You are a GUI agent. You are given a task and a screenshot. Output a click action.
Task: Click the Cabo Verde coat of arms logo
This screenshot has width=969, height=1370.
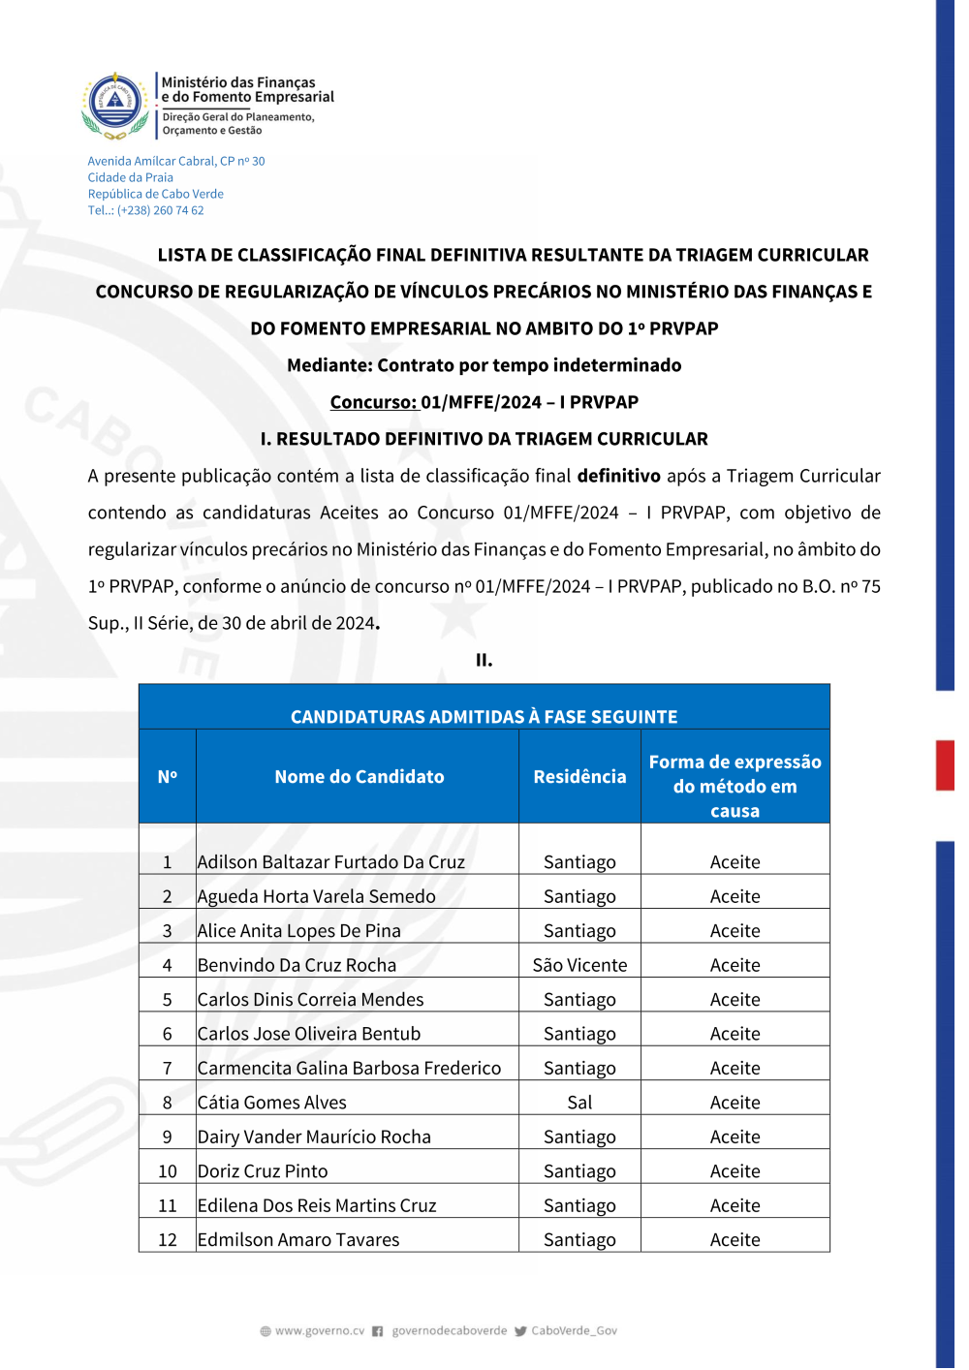click(x=115, y=104)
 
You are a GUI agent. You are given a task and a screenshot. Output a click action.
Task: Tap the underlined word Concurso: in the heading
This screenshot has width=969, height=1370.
click(x=373, y=402)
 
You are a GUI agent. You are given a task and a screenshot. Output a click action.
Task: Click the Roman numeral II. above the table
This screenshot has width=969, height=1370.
click(x=484, y=660)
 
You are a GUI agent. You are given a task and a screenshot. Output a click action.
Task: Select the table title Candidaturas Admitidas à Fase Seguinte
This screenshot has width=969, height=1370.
click(x=484, y=717)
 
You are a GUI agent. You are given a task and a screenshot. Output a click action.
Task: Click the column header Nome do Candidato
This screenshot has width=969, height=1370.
click(x=359, y=776)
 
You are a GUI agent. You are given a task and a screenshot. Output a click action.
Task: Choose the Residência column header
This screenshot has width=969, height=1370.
click(x=579, y=776)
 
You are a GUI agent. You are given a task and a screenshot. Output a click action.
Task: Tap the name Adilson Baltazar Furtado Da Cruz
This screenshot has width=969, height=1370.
click(x=330, y=862)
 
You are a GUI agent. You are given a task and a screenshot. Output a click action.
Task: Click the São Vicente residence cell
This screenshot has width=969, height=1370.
click(x=579, y=965)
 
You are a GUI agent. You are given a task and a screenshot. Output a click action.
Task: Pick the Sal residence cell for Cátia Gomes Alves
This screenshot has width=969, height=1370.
click(x=579, y=1103)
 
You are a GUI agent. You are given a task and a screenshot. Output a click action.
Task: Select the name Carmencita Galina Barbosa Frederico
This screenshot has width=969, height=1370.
click(x=349, y=1068)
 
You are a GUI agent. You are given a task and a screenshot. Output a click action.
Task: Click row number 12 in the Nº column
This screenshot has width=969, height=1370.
click(x=168, y=1240)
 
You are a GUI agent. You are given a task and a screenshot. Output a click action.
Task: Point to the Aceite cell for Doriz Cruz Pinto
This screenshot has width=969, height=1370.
click(x=735, y=1171)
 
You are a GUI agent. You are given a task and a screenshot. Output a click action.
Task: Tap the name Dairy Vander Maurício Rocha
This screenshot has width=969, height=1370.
click(x=314, y=1136)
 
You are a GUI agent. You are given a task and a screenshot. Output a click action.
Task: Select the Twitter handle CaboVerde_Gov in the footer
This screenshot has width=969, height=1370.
click(x=574, y=1331)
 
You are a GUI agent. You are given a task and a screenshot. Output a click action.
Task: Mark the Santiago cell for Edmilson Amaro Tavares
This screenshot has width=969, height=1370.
click(x=579, y=1240)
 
